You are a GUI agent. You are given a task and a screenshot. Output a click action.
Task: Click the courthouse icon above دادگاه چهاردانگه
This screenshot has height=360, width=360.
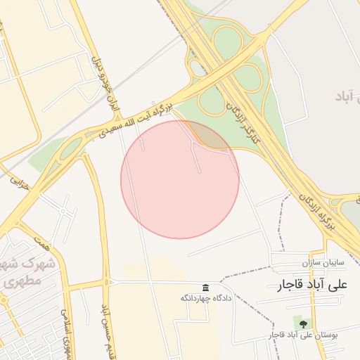[x=205, y=288]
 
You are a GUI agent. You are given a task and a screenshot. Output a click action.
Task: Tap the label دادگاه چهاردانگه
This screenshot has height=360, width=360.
[x=205, y=298]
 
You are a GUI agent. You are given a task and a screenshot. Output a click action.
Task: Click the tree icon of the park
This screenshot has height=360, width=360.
[x=303, y=323]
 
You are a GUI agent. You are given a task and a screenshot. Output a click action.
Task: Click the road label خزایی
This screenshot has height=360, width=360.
[x=15, y=181]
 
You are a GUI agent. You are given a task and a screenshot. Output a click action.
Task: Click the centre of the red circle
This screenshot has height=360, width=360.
[x=180, y=179]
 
